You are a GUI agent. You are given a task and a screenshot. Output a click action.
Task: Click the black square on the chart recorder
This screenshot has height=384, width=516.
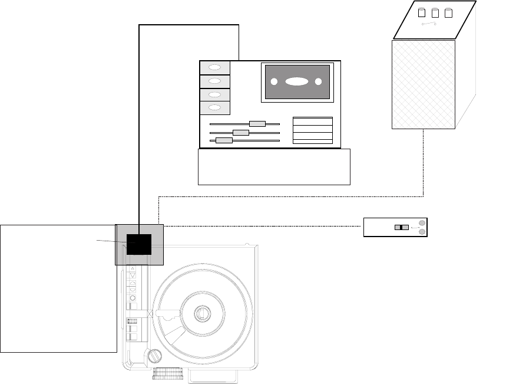pyautogui.click(x=139, y=244)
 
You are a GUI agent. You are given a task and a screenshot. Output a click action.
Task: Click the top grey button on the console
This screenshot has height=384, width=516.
pyautogui.click(x=215, y=67)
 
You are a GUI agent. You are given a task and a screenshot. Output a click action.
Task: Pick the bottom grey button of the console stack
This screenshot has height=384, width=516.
pyautogui.click(x=215, y=108)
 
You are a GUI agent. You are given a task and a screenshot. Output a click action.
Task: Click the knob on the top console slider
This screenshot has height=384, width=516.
pyautogui.click(x=257, y=124)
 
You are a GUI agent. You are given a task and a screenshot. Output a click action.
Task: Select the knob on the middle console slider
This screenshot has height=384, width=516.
pyautogui.click(x=241, y=133)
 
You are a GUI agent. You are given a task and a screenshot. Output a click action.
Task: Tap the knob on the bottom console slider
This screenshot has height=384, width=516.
pyautogui.click(x=224, y=140)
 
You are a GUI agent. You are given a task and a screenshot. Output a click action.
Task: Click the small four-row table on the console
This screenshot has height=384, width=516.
pyautogui.click(x=313, y=130)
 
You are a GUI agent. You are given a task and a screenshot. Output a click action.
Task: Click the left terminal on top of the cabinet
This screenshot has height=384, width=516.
pyautogui.click(x=421, y=12)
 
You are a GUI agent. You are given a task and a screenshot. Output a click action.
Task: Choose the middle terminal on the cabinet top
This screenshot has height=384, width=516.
pyautogui.click(x=435, y=12)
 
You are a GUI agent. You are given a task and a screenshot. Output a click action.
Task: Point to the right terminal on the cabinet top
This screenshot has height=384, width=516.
pyautogui.click(x=448, y=12)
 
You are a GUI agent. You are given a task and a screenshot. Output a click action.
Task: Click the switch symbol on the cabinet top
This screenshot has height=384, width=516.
pyautogui.click(x=431, y=24)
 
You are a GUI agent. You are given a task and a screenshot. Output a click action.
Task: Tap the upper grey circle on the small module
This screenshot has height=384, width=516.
pyautogui.click(x=421, y=223)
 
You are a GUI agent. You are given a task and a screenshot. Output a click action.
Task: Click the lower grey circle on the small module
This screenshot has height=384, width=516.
pyautogui.click(x=421, y=232)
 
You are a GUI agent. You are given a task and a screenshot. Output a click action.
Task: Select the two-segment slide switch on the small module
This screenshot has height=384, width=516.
pyautogui.click(x=401, y=228)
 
